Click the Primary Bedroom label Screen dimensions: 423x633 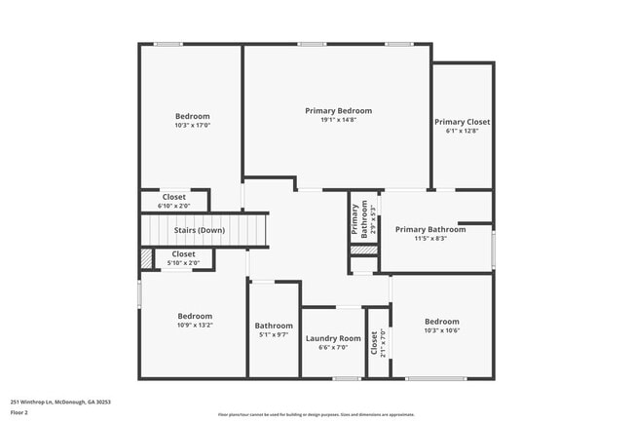pos(338,111)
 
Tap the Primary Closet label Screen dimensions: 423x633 pos(463,122)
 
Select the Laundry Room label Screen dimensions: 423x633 pos(333,338)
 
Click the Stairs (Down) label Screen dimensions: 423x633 pos(200,230)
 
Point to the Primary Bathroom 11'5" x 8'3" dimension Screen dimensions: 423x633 pos(430,239)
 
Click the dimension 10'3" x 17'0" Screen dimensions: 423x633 pos(192,125)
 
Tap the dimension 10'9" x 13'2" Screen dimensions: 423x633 pos(195,325)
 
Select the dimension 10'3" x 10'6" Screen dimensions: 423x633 pos(441,330)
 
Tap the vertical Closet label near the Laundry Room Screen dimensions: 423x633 pos(374,342)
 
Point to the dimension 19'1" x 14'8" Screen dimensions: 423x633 pos(338,120)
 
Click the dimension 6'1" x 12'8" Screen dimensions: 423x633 pos(463,131)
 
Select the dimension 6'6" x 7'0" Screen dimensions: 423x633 pos(333,347)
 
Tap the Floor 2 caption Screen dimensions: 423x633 pos(19,412)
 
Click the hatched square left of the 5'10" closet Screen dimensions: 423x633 pos(146,258)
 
